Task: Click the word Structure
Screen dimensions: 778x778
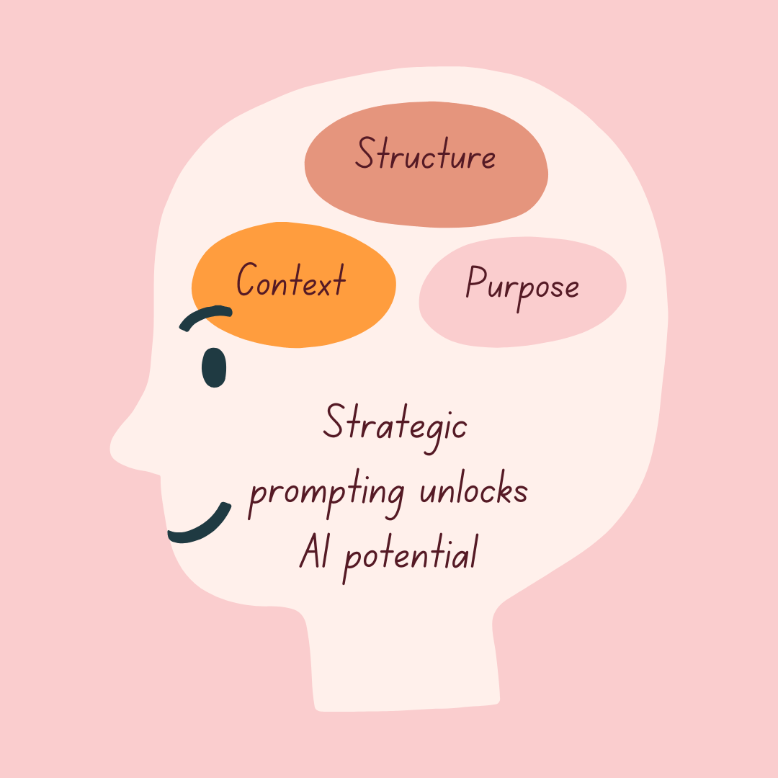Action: pyautogui.click(x=426, y=155)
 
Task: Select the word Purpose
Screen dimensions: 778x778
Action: pyautogui.click(x=522, y=286)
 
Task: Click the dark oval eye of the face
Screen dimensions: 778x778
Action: pyautogui.click(x=214, y=368)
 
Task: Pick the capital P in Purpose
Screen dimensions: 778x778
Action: pyautogui.click(x=475, y=282)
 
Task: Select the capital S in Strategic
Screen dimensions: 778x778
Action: pyautogui.click(x=334, y=421)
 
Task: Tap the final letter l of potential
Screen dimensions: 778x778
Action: pyautogui.click(x=473, y=553)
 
